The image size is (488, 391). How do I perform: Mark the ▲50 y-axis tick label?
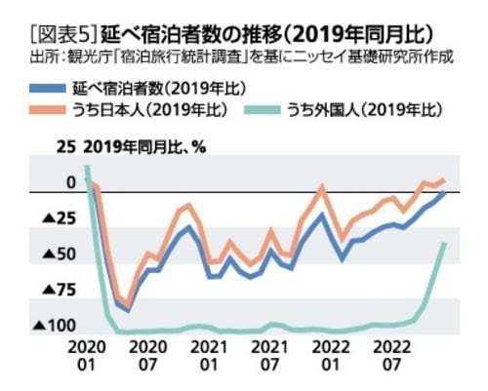pos(59,255)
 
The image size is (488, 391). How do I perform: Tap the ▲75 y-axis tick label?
pos(59,291)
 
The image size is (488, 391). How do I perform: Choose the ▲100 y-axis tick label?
pos(55,326)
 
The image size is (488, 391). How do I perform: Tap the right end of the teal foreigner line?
pos(446,244)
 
